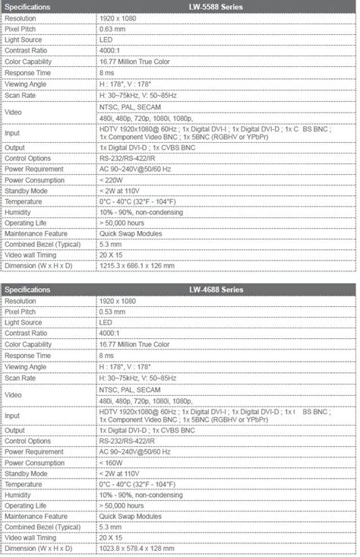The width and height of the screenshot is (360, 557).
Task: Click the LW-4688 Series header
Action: point(227,290)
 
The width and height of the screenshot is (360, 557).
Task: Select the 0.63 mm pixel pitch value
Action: point(113,27)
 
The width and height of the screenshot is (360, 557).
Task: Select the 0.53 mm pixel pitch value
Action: point(113,312)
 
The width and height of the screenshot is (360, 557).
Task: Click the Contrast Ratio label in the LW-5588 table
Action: point(28,49)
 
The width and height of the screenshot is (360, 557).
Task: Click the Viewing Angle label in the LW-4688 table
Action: point(27,366)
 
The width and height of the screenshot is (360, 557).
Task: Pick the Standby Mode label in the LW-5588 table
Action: point(27,191)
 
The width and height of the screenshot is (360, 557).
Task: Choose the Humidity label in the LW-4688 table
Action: point(18,495)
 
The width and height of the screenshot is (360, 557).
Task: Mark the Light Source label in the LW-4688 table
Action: point(24,322)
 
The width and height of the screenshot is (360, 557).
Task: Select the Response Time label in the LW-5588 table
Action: point(30,71)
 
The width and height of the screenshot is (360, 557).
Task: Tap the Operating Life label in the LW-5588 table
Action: point(27,223)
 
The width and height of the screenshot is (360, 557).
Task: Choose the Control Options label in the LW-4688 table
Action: point(29,441)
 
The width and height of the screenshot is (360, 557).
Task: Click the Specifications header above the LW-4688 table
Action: point(28,290)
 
